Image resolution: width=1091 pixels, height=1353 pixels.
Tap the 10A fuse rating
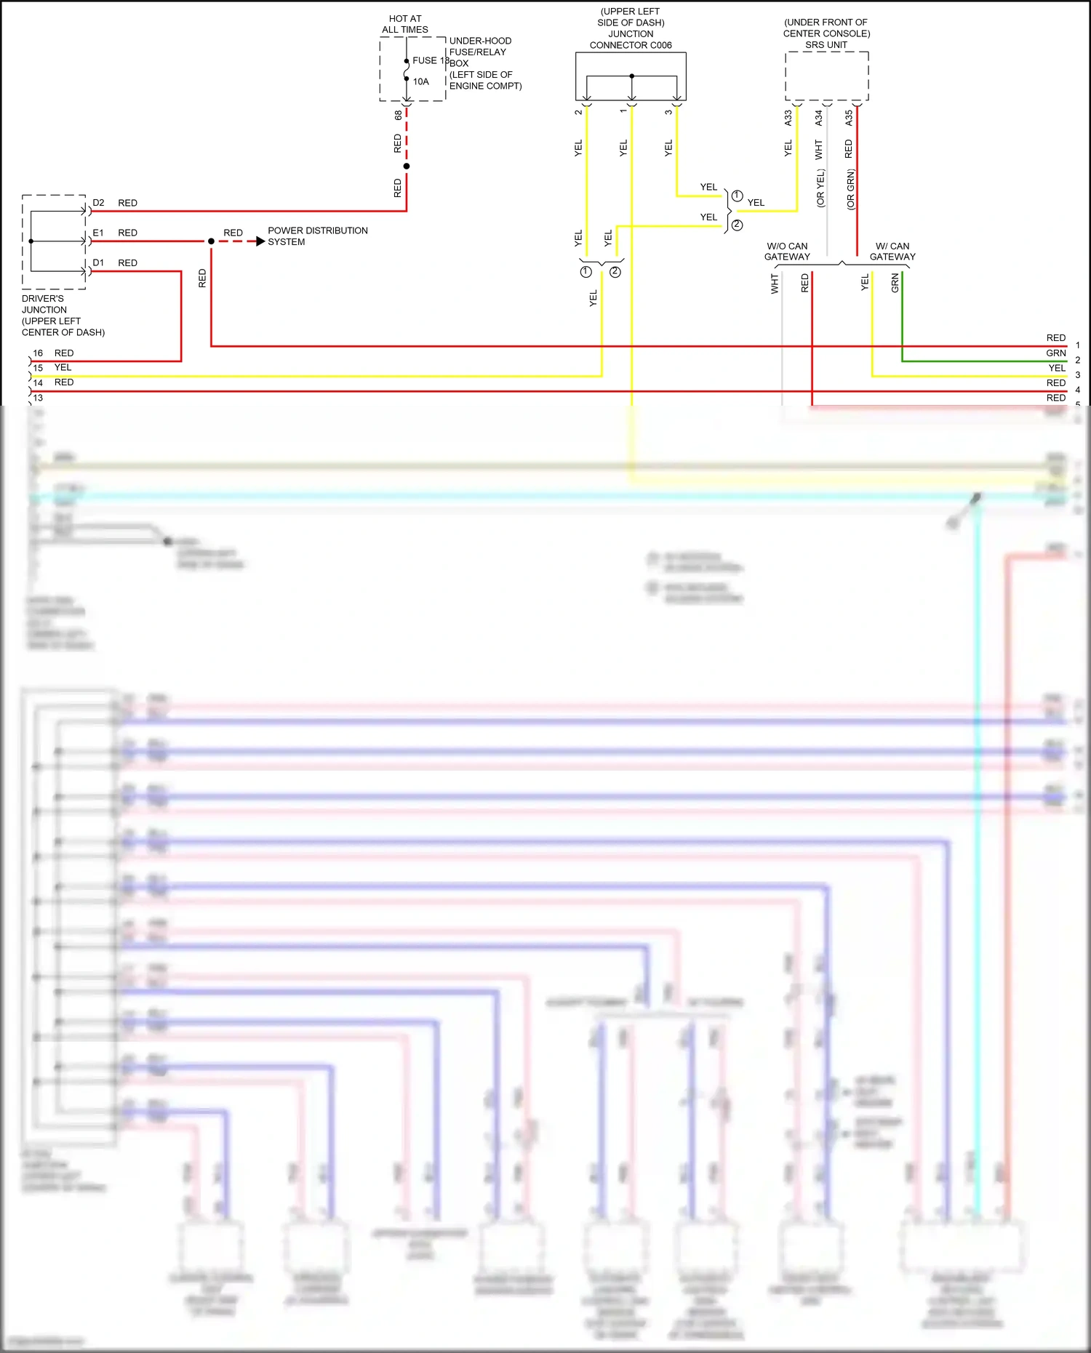[421, 82]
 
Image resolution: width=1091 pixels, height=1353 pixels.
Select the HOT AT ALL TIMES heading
[405, 24]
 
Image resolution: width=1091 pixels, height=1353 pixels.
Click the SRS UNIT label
[826, 45]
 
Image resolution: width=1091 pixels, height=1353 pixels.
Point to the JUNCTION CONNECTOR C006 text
[631, 40]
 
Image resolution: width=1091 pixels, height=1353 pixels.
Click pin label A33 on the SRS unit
[788, 118]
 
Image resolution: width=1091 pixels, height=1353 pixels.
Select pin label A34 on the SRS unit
[819, 118]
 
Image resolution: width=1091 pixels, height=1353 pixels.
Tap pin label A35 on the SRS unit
[849, 118]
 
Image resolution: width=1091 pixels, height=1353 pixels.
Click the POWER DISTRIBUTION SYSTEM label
[317, 236]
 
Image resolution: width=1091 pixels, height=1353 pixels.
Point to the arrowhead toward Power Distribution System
[260, 241]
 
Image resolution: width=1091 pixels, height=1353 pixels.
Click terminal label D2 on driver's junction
[98, 203]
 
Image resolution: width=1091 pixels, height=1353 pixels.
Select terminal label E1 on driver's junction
[98, 233]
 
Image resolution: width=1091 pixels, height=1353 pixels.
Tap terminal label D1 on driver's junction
[98, 262]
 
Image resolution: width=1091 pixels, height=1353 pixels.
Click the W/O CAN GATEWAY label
[787, 252]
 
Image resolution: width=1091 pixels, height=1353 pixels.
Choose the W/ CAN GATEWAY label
[892, 252]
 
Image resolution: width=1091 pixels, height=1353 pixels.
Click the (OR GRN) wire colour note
[851, 190]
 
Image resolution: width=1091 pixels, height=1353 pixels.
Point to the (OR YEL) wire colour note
[820, 189]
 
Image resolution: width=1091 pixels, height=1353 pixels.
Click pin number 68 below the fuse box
[398, 115]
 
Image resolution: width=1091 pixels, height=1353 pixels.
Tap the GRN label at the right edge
[1056, 353]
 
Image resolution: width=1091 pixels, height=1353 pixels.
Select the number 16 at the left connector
[38, 353]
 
